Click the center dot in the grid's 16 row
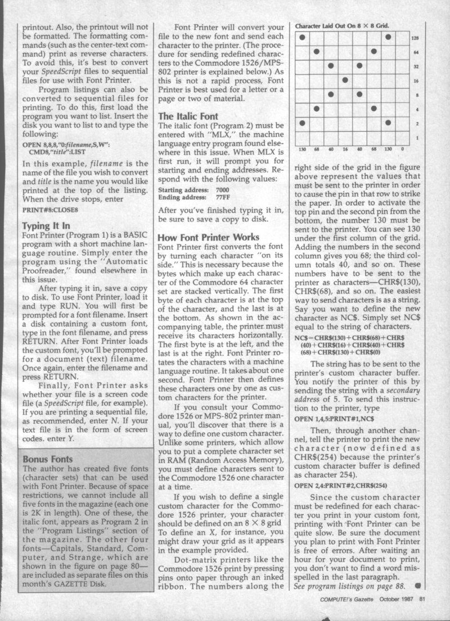click(345, 80)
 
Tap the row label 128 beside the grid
click(415, 38)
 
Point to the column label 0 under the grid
click(402, 149)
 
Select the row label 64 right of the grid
click(415, 52)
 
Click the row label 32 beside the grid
click(415, 66)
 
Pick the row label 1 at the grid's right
click(416, 137)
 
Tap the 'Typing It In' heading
click(46, 226)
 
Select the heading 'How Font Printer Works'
click(209, 237)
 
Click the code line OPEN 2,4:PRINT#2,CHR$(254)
click(340, 485)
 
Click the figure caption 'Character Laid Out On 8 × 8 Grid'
click(341, 25)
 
